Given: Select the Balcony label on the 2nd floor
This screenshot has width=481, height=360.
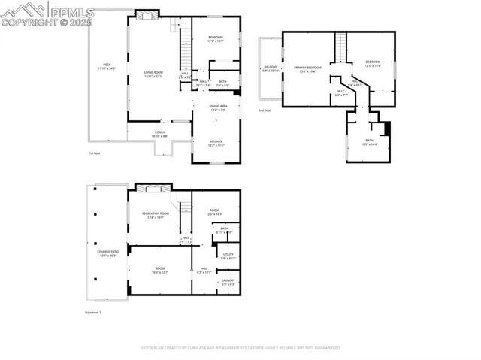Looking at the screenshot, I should (271, 69).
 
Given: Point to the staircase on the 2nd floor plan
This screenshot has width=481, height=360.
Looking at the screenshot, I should (341, 47).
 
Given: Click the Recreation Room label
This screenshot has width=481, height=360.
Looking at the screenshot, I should (156, 215).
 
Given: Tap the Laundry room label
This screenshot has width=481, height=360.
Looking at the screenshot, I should (228, 282).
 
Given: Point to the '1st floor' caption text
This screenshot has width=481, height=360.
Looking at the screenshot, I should (94, 153).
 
